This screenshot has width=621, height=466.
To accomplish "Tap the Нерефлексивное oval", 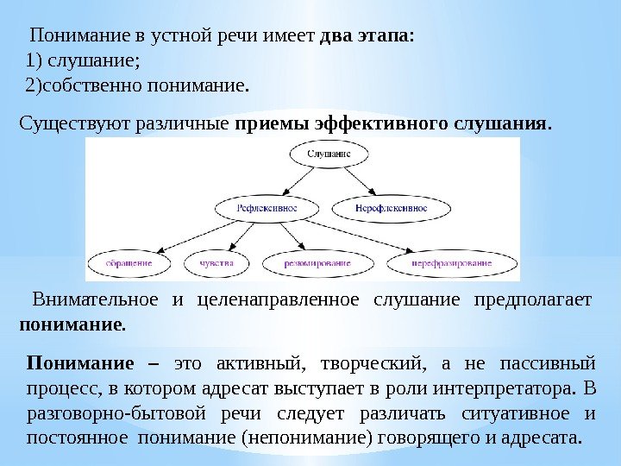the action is coord(391,208).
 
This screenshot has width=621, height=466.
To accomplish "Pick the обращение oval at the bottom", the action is coord(129,261).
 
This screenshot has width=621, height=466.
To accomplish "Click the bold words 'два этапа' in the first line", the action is coord(367,38).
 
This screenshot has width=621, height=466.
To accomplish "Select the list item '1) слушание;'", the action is coord(83,61).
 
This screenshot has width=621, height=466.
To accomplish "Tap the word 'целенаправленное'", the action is coord(278,300).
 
